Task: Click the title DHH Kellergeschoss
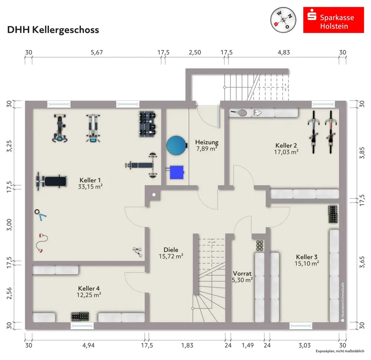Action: click(x=53, y=30)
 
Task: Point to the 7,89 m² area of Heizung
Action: click(x=206, y=149)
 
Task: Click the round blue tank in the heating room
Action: click(x=176, y=145)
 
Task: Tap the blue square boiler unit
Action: click(x=177, y=172)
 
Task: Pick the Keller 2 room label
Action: click(x=287, y=145)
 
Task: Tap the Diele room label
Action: click(x=171, y=250)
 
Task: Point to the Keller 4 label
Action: click(x=89, y=288)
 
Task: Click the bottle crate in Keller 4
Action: click(x=81, y=317)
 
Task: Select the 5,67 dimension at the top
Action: click(x=96, y=52)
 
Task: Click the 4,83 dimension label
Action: click(x=284, y=52)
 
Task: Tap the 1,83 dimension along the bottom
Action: click(x=187, y=346)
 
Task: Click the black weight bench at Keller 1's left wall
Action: click(x=52, y=181)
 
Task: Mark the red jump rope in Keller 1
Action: click(x=40, y=243)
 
